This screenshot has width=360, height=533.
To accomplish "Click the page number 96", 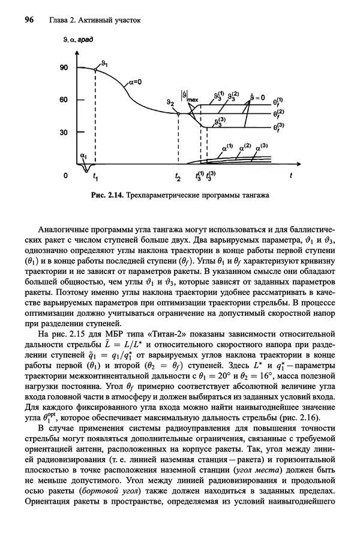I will coord(28,20).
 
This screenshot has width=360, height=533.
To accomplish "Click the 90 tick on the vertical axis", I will coord(64,68).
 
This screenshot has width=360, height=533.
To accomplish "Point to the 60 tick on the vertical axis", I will coord(64,100).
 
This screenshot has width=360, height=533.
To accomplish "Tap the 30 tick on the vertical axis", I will coord(64,132).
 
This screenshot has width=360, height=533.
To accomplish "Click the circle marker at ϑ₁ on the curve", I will coord(95,70).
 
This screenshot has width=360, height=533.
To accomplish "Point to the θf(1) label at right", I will coord(280,102).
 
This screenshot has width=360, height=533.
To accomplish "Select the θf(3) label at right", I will coord(280,128).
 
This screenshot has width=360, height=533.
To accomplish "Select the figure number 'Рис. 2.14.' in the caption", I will coord(107,195).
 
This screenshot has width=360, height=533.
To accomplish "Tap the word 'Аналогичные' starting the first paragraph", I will coord(64,229).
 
